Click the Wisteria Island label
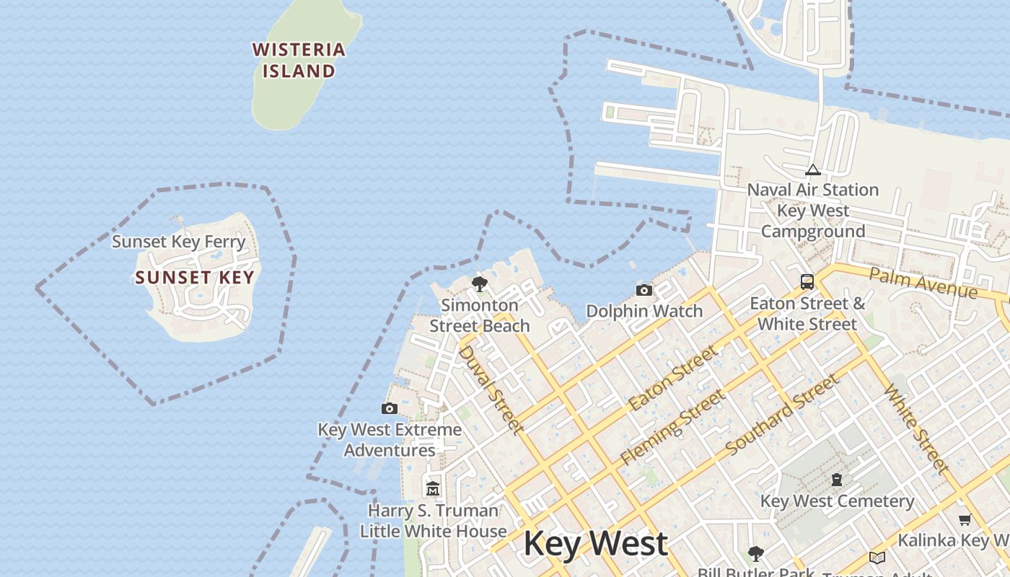(299, 60)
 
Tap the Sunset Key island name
(195, 278)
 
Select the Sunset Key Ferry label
(179, 242)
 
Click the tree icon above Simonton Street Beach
(479, 283)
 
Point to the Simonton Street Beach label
(480, 315)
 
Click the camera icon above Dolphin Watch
(644, 290)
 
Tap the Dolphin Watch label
(644, 311)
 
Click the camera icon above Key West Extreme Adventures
(390, 408)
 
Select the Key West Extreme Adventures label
(390, 440)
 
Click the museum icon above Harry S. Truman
(433, 489)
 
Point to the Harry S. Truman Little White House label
(433, 521)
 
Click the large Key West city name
(596, 544)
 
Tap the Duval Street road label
(491, 389)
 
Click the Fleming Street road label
(672, 427)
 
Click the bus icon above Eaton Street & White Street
(807, 281)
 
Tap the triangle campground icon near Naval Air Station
(813, 170)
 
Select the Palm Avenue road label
(923, 282)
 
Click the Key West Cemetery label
(837, 501)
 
